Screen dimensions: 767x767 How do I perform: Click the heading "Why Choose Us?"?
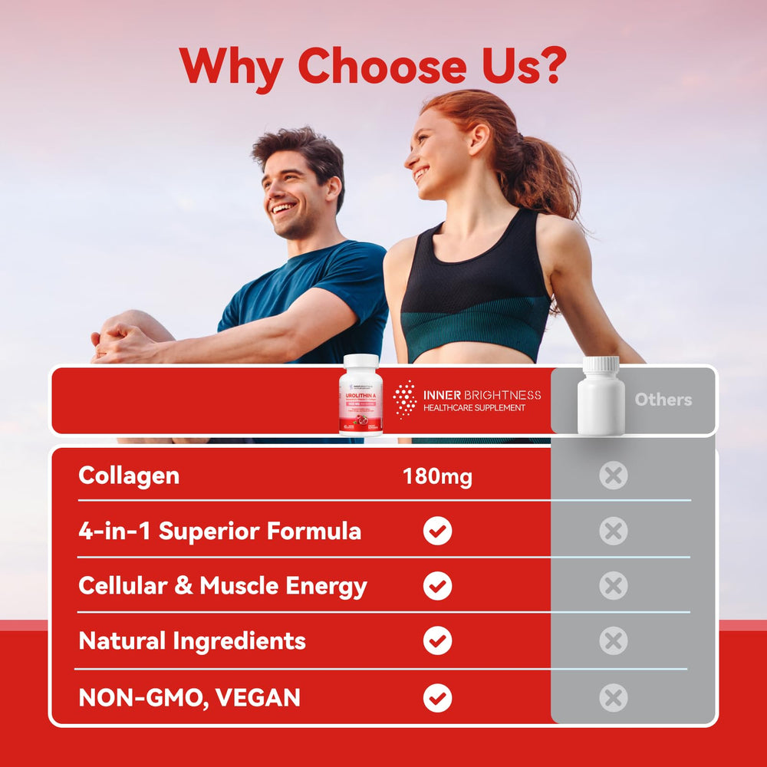click(x=373, y=67)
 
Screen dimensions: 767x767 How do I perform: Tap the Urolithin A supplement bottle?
click(x=360, y=396)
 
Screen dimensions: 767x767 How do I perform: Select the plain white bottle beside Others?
click(x=601, y=396)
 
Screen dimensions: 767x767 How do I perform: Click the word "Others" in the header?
click(x=663, y=400)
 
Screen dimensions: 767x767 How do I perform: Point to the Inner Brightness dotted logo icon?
click(x=405, y=399)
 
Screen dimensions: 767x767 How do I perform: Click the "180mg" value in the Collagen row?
click(x=437, y=477)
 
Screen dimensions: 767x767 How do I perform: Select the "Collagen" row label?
click(x=129, y=476)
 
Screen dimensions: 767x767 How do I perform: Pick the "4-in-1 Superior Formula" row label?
click(x=220, y=532)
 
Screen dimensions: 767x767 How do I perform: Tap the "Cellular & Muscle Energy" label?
click(x=222, y=587)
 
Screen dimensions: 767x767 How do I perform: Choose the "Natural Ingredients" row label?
click(x=193, y=641)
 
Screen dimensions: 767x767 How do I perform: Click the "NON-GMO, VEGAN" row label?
click(x=189, y=697)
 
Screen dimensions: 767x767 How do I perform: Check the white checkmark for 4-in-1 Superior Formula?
click(x=437, y=531)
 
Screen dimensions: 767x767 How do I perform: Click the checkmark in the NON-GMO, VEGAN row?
click(x=437, y=698)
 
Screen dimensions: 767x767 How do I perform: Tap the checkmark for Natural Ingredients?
click(x=437, y=641)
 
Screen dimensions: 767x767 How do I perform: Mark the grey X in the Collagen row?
click(x=613, y=476)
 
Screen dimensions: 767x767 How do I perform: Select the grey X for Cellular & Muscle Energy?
click(x=613, y=587)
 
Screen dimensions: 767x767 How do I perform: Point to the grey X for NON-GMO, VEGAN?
click(x=613, y=698)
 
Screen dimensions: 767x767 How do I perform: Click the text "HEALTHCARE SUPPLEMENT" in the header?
click(x=474, y=408)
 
